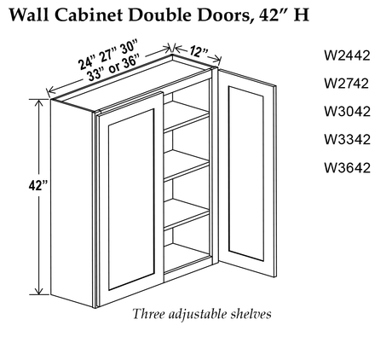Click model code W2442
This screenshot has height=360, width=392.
click(347, 55)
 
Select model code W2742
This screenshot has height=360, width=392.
click(346, 84)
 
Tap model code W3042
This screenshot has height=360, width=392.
click(347, 111)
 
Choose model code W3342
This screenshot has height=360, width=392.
click(347, 139)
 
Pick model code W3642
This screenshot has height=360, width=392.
click(347, 167)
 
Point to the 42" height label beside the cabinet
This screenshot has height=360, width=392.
click(38, 186)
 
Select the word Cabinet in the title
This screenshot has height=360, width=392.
click(89, 15)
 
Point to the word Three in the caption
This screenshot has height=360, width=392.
click(149, 314)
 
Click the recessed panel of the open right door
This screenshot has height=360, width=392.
click(246, 173)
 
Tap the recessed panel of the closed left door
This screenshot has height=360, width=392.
click(131, 200)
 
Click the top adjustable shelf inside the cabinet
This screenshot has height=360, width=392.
click(187, 117)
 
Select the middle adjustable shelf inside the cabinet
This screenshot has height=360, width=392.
click(187, 165)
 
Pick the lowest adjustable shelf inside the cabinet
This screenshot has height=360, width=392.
click(187, 214)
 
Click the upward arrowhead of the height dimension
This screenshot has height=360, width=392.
click(38, 102)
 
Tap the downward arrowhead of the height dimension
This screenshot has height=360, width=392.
click(38, 291)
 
